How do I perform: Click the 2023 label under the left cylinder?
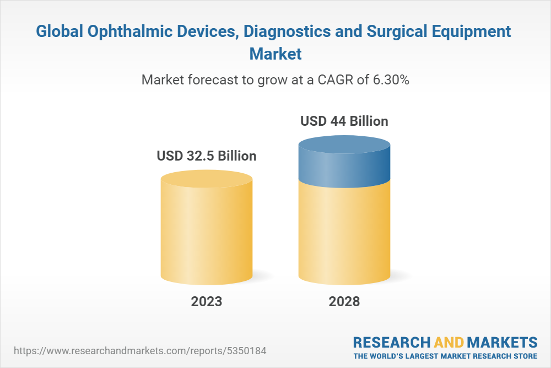[207, 302]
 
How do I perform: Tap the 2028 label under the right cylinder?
[344, 302]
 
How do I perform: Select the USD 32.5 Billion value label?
[207, 156]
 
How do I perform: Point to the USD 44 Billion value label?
[344, 121]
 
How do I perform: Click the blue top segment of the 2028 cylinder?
[344, 163]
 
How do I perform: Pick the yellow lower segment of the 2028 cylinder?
[344, 232]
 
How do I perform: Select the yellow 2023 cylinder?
[207, 232]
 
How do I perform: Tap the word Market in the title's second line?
[275, 54]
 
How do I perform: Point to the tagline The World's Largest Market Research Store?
[445, 355]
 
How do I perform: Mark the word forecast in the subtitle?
[205, 80]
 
